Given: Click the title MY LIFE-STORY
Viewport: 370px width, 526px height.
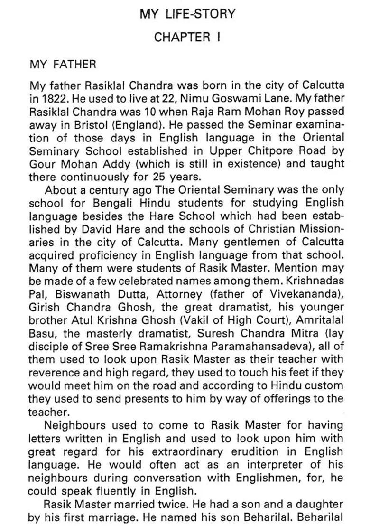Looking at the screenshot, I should pyautogui.click(x=187, y=14).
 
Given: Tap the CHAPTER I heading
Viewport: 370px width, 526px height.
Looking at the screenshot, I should pyautogui.click(x=187, y=38).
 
